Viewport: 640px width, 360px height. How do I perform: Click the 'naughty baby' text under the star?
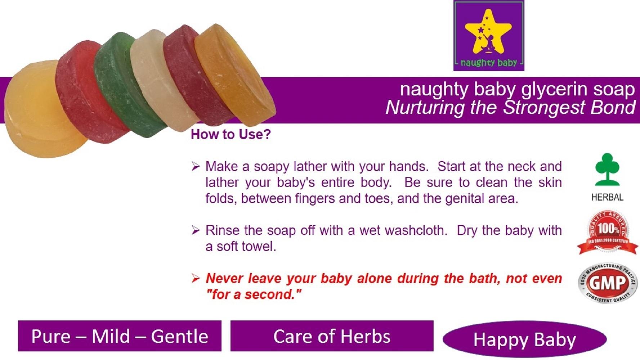pyautogui.click(x=489, y=63)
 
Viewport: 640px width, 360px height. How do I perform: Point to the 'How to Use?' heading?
pyautogui.click(x=231, y=134)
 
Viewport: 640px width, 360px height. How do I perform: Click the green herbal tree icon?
pyautogui.click(x=607, y=169)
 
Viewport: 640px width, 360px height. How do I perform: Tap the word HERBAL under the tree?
pyautogui.click(x=607, y=197)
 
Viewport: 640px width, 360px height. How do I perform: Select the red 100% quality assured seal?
pyautogui.click(x=608, y=233)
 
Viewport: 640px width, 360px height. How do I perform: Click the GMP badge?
pyautogui.click(x=608, y=283)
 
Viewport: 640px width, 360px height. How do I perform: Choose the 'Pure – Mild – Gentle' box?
pyautogui.click(x=120, y=336)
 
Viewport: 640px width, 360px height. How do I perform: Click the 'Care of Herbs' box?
pyautogui.click(x=332, y=336)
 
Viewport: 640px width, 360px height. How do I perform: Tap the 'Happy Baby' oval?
pyautogui.click(x=524, y=339)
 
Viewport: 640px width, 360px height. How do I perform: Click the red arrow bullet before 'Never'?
pyautogui.click(x=196, y=278)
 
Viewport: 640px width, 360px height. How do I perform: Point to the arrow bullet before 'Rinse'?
pyautogui.click(x=196, y=230)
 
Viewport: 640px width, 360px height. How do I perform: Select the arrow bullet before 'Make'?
pyautogui.click(x=196, y=166)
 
